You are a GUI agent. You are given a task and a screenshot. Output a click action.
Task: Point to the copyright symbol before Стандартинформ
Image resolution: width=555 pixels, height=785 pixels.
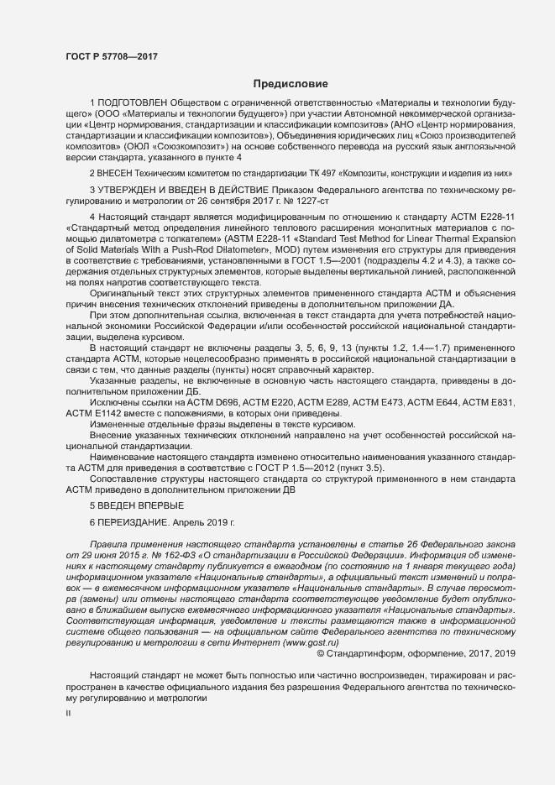[x=321, y=653]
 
